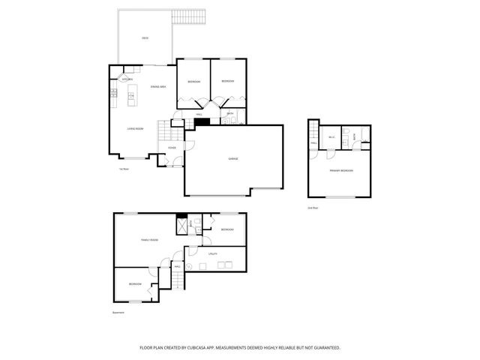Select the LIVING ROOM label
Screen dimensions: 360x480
pos(135,128)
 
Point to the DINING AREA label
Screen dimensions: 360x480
pos(157,87)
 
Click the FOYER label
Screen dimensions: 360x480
pos(172,148)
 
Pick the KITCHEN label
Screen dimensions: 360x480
pos(127,79)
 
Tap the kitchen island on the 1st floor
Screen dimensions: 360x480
pos(133,93)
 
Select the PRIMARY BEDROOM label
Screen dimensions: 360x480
pos(341,172)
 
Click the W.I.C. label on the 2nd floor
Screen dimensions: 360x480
pos(331,137)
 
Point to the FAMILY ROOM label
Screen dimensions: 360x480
pos(149,240)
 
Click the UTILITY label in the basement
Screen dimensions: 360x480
pos(212,254)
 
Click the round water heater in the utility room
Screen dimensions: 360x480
pos(190,265)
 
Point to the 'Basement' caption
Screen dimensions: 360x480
pos(118,312)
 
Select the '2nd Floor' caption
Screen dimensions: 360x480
pos(312,207)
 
